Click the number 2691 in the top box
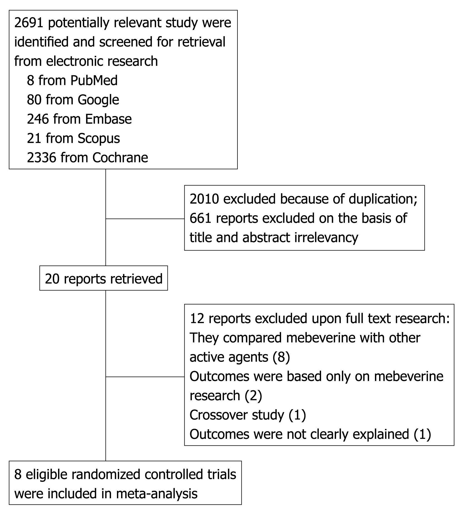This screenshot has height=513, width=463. (x=29, y=23)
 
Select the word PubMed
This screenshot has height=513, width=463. (x=94, y=81)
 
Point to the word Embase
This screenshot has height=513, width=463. (x=108, y=119)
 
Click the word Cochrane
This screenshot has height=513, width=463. (x=120, y=158)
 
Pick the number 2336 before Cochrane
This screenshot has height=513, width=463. (x=42, y=158)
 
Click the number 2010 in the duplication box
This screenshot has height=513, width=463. (x=204, y=199)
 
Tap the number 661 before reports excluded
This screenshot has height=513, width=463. (x=201, y=218)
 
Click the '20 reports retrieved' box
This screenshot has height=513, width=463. (x=104, y=278)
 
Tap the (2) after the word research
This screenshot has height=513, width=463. (x=253, y=396)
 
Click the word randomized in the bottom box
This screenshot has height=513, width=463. (x=107, y=475)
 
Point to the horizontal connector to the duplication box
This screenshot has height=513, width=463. (x=145, y=219)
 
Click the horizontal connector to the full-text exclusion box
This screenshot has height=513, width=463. (x=145, y=377)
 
